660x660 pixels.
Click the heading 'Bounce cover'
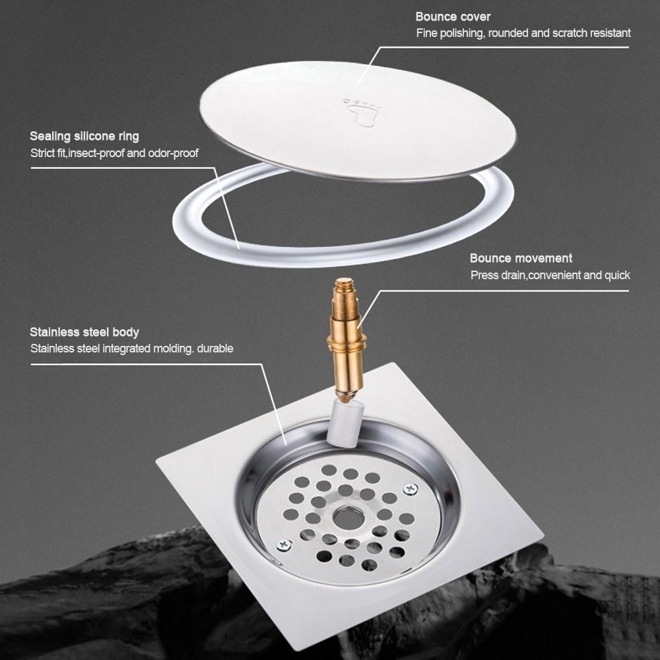click(453, 16)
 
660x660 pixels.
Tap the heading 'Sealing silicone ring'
click(84, 137)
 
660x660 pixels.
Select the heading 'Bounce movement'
click(521, 258)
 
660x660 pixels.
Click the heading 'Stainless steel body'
click(84, 332)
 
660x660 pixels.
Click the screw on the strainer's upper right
click(411, 489)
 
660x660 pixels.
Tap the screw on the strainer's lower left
click(284, 545)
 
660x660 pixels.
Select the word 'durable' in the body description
click(214, 348)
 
